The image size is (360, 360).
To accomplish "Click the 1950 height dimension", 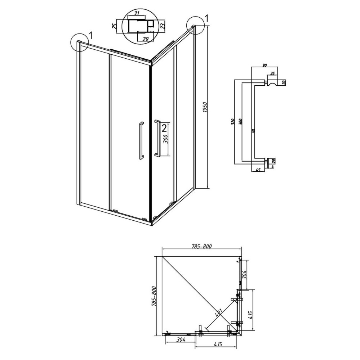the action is (x=205, y=107).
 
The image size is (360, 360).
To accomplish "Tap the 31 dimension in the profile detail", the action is (x=137, y=13).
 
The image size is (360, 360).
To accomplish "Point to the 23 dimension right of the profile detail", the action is (x=162, y=25).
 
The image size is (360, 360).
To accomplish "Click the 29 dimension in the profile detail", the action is (x=145, y=39).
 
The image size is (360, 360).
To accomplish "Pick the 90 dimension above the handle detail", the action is (x=264, y=66).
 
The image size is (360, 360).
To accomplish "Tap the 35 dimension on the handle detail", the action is (x=272, y=73).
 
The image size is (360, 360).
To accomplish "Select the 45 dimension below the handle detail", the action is (x=258, y=170).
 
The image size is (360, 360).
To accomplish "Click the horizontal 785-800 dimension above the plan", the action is (x=201, y=246).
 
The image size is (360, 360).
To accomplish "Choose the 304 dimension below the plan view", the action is (x=181, y=340).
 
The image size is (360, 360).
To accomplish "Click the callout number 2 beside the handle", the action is (x=164, y=129).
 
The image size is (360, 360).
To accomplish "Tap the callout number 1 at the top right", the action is (x=207, y=18).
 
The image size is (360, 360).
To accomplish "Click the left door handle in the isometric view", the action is (x=141, y=140).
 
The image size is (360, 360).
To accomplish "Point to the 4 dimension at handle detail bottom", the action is (x=273, y=167).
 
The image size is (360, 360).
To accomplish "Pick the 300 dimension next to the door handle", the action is (x=166, y=139).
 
